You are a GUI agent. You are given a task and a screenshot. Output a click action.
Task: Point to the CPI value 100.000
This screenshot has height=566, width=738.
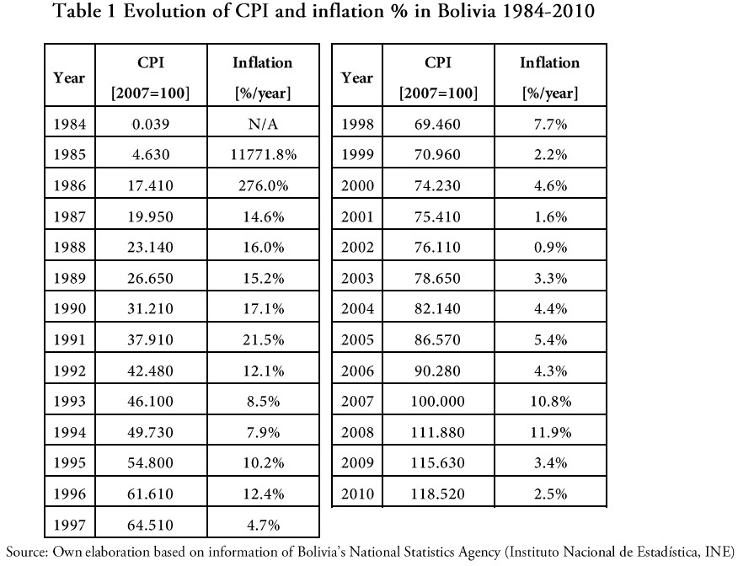tap(437, 403)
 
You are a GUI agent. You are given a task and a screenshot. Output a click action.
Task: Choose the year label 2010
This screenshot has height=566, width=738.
tap(357, 494)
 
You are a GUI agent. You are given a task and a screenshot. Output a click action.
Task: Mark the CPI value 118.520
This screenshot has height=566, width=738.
tap(437, 494)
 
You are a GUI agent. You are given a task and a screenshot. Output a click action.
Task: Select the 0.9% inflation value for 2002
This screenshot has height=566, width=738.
tap(550, 248)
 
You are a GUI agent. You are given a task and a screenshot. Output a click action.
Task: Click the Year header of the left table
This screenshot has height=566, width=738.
tap(69, 77)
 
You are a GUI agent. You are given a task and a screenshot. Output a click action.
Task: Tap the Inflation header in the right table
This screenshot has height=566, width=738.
tap(550, 63)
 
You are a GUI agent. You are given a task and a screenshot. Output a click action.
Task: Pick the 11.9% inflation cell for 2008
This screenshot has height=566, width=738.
tap(550, 433)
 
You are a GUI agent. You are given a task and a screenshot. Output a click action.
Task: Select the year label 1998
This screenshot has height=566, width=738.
tap(357, 125)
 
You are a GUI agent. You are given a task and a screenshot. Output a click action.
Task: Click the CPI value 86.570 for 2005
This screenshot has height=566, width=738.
tap(437, 340)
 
